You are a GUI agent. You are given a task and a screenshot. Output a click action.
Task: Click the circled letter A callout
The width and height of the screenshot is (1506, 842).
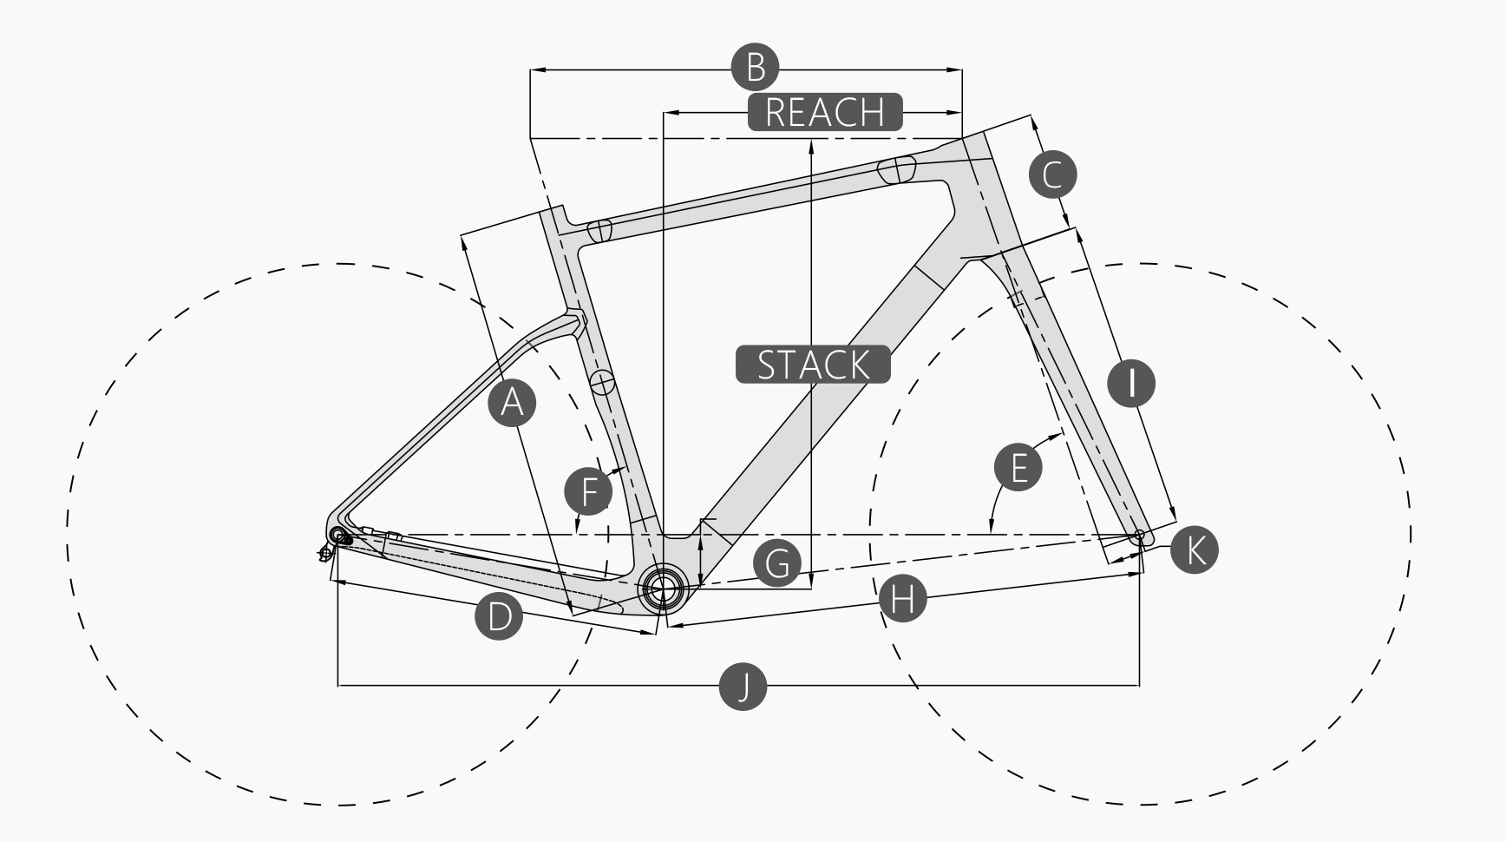coord(512,403)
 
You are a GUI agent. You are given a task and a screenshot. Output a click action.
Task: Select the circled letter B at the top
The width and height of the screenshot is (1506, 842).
coord(755,67)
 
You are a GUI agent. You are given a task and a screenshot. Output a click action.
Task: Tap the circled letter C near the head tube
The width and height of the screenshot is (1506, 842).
coord(1052,174)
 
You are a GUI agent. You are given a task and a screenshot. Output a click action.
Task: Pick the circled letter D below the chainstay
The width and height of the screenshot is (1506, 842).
coord(500,616)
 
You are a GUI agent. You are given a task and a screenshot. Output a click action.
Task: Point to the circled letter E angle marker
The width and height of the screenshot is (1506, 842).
coord(1018,467)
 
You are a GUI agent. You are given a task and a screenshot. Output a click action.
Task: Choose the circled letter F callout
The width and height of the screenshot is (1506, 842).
coord(588,492)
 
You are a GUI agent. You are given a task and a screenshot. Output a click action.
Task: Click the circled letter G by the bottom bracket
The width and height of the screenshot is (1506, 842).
coord(777,562)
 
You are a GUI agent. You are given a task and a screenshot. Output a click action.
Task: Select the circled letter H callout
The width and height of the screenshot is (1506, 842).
coord(902,599)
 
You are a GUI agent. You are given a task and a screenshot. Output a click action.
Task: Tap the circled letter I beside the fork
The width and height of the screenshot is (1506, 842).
coord(1131,382)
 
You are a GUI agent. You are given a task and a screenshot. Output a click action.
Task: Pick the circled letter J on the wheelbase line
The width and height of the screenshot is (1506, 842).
coord(743,687)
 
